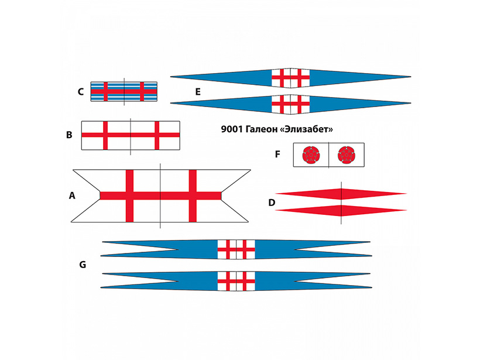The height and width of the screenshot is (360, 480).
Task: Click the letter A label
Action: [x=72, y=196]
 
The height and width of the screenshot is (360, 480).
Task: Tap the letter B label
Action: [x=69, y=135]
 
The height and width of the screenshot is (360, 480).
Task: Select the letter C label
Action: [x=81, y=91]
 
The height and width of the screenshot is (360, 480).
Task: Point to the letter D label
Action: [x=272, y=203]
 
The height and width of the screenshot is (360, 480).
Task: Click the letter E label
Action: [x=198, y=92]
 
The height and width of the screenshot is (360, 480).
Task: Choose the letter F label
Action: [x=277, y=155]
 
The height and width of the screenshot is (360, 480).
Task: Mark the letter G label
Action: [x=83, y=265]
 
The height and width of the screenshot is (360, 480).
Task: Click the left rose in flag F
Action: [x=310, y=156]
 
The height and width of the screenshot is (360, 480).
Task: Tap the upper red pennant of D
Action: [x=341, y=193]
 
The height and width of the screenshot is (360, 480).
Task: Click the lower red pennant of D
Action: [x=341, y=210]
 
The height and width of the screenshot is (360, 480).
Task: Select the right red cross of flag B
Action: [x=156, y=135]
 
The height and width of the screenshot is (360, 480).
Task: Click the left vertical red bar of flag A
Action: [x=130, y=196]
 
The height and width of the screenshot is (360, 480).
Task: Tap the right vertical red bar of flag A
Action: [x=192, y=196]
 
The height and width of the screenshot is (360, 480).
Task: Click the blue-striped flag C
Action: [x=124, y=91]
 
